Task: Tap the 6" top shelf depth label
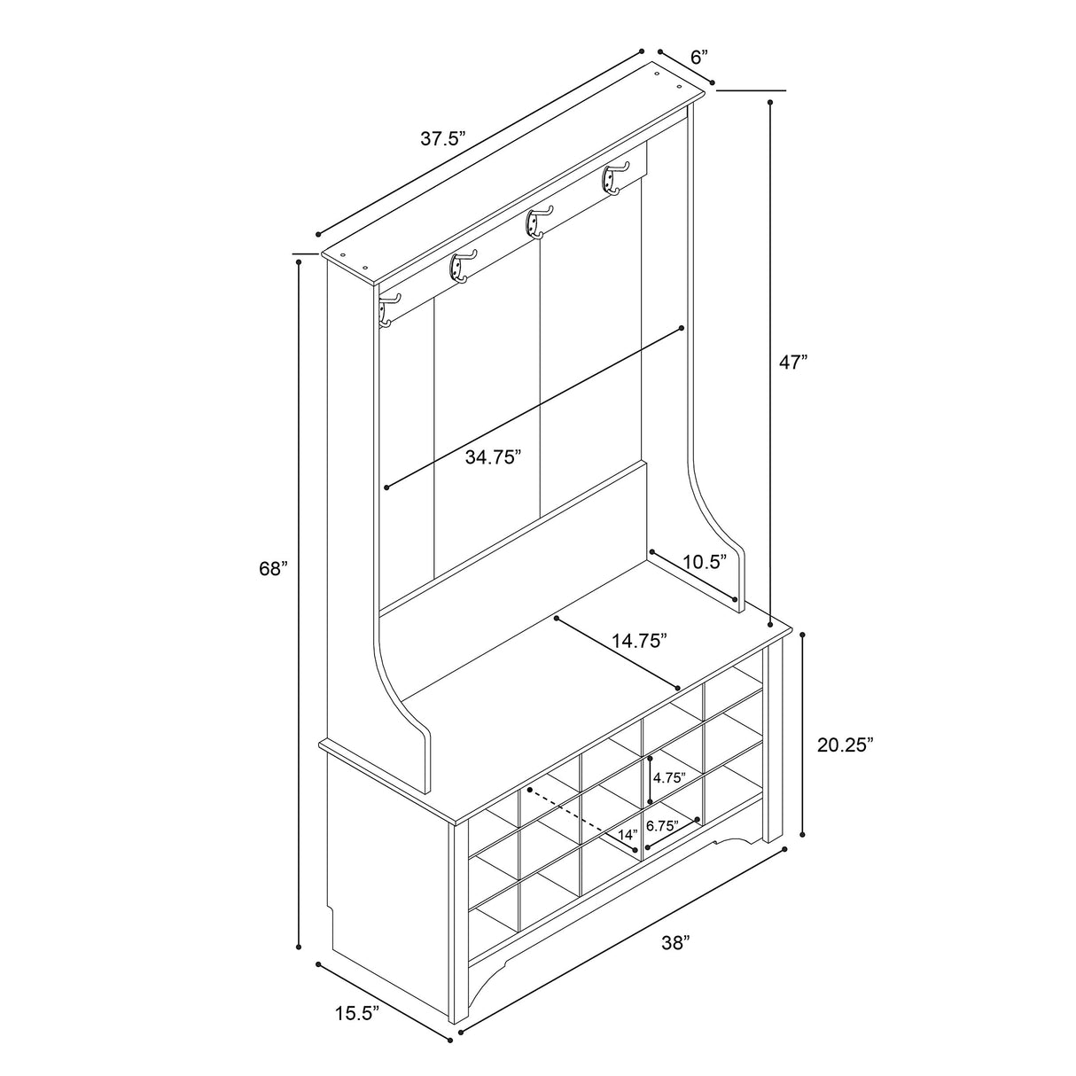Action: [x=699, y=57]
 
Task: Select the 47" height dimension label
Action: [x=794, y=362]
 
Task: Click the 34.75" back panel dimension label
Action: [x=494, y=457]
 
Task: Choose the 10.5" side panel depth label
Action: [x=706, y=562]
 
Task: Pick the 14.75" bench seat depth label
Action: [x=639, y=641]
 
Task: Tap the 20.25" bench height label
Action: [x=846, y=745]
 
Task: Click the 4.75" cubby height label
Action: [x=670, y=778]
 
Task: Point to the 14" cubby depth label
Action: [x=628, y=850]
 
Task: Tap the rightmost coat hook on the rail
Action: [x=616, y=179]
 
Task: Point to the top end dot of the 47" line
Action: [x=770, y=103]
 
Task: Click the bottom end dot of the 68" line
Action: [x=299, y=947]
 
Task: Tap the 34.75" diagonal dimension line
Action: [x=534, y=409]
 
